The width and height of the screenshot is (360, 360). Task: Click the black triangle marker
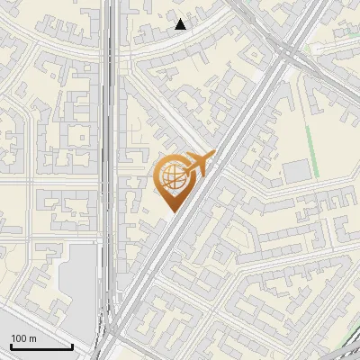[x=181, y=24]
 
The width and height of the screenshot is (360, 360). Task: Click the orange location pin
[x=173, y=180]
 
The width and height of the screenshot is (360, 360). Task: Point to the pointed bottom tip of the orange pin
[x=171, y=212]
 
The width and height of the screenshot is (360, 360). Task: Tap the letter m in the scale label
[x=33, y=338]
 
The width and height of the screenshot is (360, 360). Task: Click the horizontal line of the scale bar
[x=40, y=347]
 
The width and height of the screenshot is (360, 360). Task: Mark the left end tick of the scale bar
[x=10, y=346]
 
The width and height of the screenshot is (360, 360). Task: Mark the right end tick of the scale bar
[x=72, y=346]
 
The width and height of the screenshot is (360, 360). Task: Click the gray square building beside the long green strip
[x=295, y=172]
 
